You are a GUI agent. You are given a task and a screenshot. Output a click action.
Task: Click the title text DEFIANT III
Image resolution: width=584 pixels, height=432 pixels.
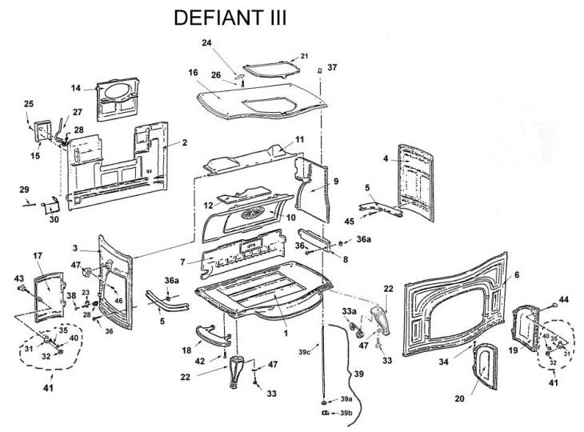230,18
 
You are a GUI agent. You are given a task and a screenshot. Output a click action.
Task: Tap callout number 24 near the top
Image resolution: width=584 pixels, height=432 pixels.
230,42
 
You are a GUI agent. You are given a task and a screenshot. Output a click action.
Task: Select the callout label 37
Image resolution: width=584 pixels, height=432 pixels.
332,67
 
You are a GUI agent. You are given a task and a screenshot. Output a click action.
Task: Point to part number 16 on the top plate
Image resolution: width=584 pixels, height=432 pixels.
193,74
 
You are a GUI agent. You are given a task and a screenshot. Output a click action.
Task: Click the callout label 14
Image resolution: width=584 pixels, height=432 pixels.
76,88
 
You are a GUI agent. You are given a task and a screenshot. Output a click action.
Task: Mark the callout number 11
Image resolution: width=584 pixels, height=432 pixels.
277,140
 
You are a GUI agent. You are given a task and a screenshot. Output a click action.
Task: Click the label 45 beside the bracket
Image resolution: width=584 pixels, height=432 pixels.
349,222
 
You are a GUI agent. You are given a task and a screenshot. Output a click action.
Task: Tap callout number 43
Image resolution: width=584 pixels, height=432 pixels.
19,278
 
